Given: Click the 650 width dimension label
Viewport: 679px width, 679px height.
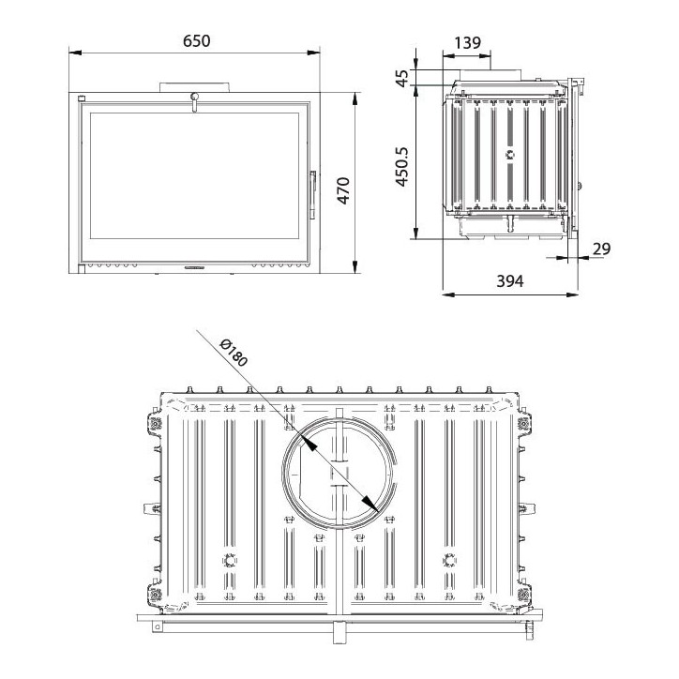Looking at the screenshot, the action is point(197,40).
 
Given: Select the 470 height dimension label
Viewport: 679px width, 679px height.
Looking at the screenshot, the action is point(343,190).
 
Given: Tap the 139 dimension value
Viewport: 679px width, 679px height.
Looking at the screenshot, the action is point(468,42).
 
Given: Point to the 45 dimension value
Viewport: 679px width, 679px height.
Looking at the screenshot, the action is point(402,78).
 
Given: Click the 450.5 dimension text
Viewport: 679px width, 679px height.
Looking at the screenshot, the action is point(402,167).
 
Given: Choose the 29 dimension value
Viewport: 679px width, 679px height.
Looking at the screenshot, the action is point(601,249).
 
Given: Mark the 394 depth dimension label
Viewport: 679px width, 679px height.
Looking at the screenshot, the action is point(509,281).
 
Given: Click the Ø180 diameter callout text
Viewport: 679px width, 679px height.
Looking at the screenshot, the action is point(234,353).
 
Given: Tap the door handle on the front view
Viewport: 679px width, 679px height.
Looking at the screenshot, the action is point(312,194).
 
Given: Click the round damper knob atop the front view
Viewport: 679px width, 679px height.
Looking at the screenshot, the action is point(194,97).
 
